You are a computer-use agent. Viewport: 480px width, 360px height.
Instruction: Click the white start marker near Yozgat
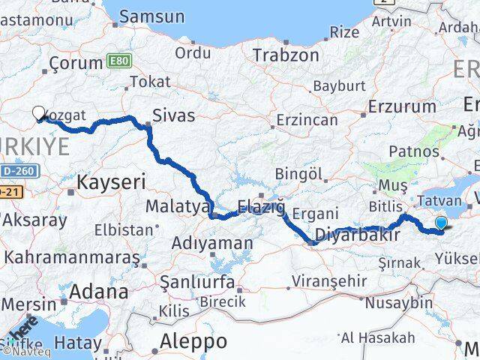pos(39,112)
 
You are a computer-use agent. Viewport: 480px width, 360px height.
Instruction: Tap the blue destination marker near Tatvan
pos(441,222)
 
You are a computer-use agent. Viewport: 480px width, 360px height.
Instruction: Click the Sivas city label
pos(173,115)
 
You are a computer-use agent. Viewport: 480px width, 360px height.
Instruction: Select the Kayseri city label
pos(112,181)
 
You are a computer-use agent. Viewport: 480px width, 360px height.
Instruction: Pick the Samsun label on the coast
pos(151,16)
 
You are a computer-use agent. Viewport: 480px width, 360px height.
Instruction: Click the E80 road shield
pos(118,58)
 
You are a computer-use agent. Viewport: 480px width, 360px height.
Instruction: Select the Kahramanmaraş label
pos(72,258)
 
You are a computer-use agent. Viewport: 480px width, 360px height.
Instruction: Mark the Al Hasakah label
pos(377,337)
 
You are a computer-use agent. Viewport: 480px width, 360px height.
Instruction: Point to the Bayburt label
pos(316,86)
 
